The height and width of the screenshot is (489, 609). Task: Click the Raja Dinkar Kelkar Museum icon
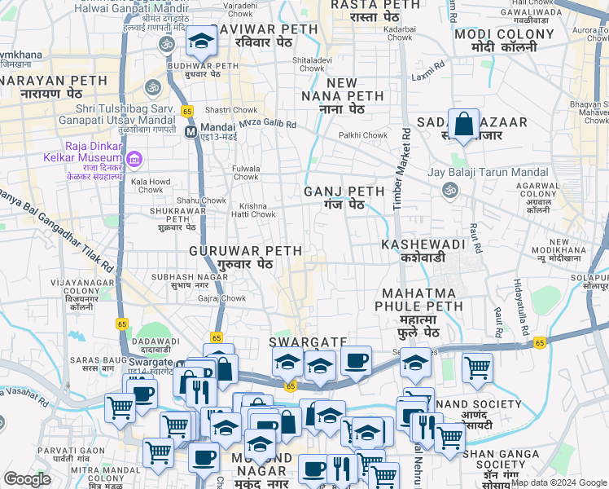click(135, 156)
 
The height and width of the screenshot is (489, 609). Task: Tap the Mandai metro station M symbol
click(191, 130)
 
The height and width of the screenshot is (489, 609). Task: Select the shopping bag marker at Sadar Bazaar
click(463, 125)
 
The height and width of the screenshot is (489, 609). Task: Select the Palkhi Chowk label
click(363, 135)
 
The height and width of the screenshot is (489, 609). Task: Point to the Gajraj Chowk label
click(221, 298)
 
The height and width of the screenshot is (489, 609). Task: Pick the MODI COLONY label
click(495, 40)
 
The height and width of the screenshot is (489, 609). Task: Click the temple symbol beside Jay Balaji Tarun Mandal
click(448, 190)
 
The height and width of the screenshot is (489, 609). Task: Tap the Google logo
click(28, 479)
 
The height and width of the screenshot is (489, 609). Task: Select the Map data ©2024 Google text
click(559, 482)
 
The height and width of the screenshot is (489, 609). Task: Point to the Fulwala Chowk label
click(246, 172)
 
